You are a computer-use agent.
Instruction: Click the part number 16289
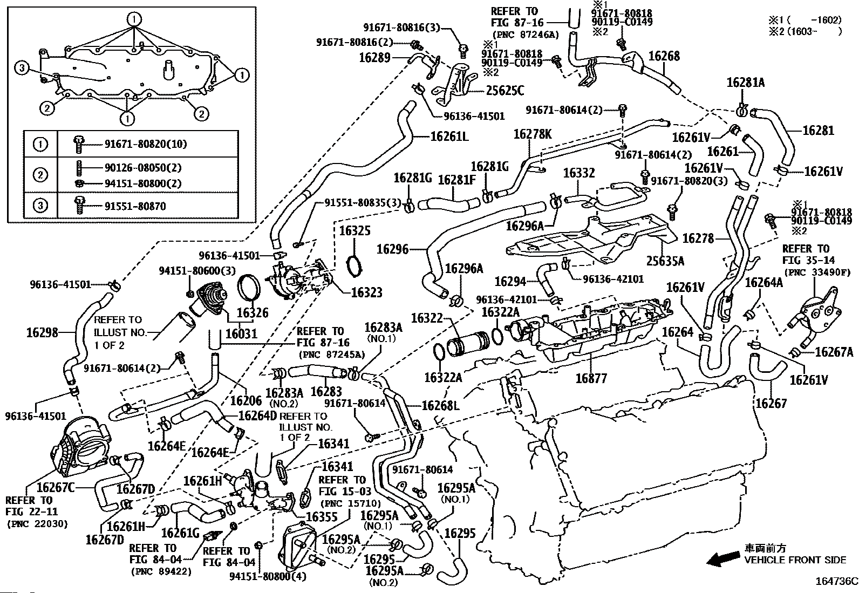click(x=374, y=57)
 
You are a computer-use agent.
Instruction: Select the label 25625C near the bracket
click(x=501, y=91)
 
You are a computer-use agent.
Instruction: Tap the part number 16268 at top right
click(x=664, y=57)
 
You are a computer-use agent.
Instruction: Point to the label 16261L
click(x=449, y=137)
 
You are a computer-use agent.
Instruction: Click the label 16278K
click(x=533, y=135)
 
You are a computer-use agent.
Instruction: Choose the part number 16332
click(x=579, y=173)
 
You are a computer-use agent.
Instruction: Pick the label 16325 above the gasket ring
click(x=355, y=231)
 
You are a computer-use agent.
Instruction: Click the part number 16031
click(x=241, y=334)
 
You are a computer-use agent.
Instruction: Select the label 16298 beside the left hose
click(x=42, y=332)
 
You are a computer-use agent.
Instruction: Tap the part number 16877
click(x=591, y=378)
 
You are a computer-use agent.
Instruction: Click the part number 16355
click(x=322, y=516)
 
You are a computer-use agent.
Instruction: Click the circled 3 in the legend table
click(x=41, y=205)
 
